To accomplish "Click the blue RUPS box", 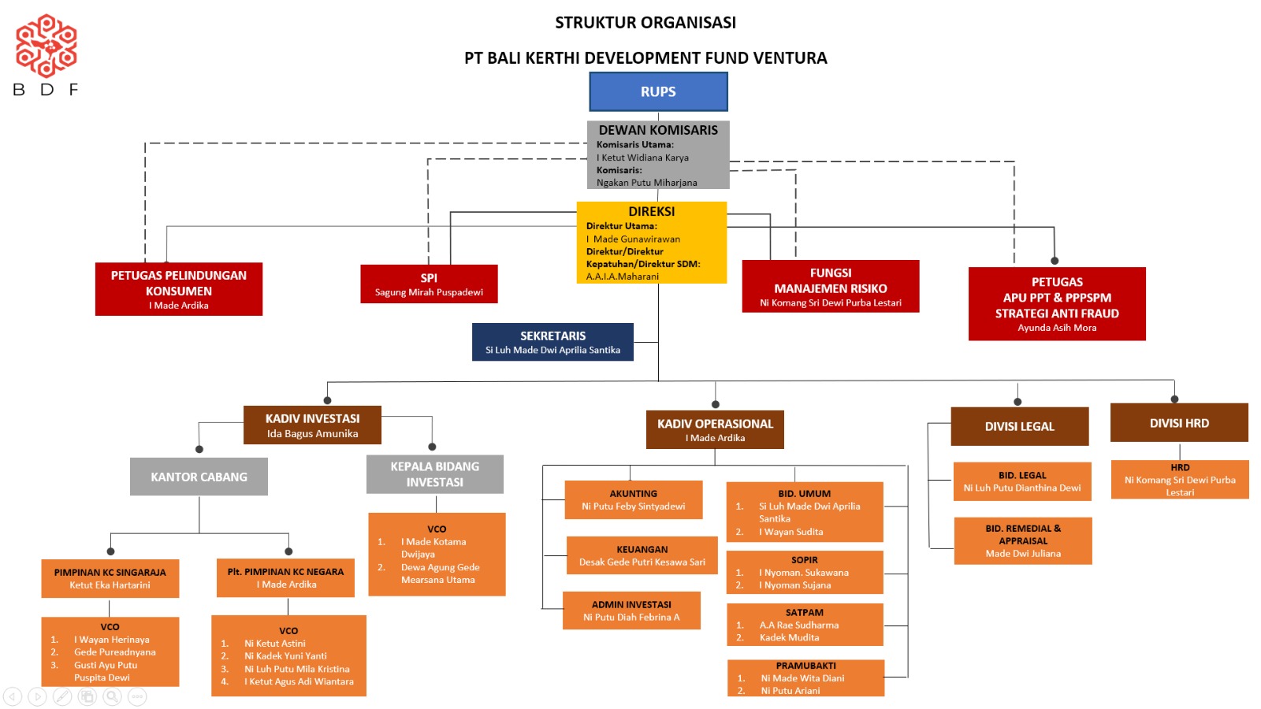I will pyautogui.click(x=658, y=91).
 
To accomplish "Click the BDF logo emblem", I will pyautogui.click(x=46, y=46).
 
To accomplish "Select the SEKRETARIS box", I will pyautogui.click(x=552, y=342).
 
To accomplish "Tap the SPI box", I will pyautogui.click(x=429, y=284).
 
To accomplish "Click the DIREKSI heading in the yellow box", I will pyautogui.click(x=651, y=211).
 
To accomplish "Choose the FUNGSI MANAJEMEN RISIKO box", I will pyautogui.click(x=830, y=286).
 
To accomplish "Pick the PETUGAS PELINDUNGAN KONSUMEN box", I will pyautogui.click(x=179, y=289).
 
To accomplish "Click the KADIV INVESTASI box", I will pyautogui.click(x=312, y=425).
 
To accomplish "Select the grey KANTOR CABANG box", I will pyautogui.click(x=199, y=477).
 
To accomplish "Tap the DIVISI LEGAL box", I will pyautogui.click(x=1019, y=426).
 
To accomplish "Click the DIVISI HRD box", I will pyautogui.click(x=1179, y=423).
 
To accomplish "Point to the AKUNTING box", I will pyautogui.click(x=633, y=499).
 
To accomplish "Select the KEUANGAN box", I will pyautogui.click(x=642, y=555).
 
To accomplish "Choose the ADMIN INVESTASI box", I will pyautogui.click(x=631, y=611).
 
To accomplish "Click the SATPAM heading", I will pyautogui.click(x=804, y=612).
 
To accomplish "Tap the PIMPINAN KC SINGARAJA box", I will pyautogui.click(x=110, y=578).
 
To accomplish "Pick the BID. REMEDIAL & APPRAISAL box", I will pyautogui.click(x=1023, y=540).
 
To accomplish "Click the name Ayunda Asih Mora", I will pyautogui.click(x=1057, y=328).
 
